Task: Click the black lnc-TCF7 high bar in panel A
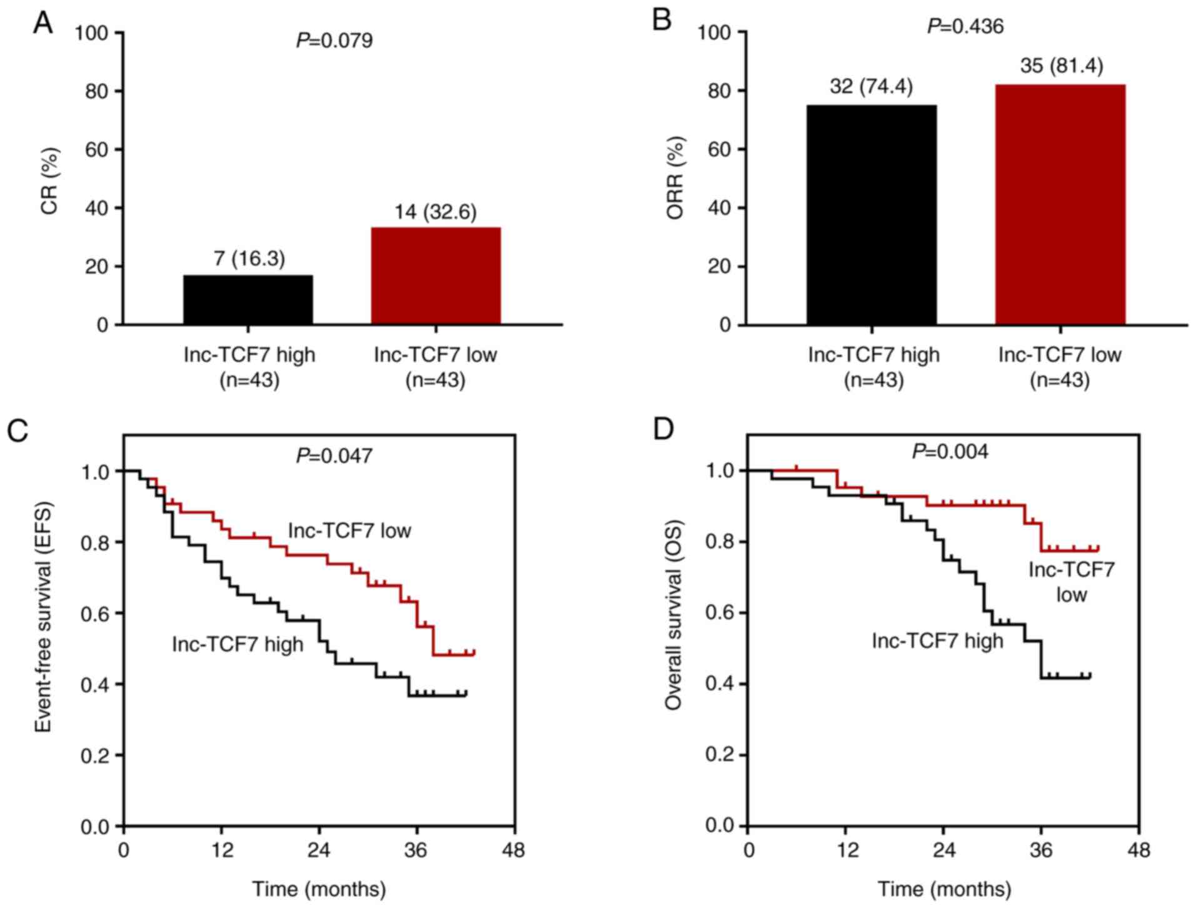point(248,299)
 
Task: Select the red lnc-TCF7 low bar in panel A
point(436,276)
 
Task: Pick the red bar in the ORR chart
point(1060,204)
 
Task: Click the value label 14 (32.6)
point(435,212)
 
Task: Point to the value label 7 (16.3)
point(249,259)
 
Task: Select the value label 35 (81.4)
point(1062,66)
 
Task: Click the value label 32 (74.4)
point(872,87)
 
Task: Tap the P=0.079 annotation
point(334,41)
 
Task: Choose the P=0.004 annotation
point(950,451)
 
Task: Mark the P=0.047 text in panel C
point(334,456)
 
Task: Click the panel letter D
point(663,429)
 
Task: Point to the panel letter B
point(661,20)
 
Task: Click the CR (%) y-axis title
point(49,181)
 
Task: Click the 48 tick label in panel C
point(515,851)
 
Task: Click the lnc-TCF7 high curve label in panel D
point(937,641)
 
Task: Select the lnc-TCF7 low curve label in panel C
point(349,531)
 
